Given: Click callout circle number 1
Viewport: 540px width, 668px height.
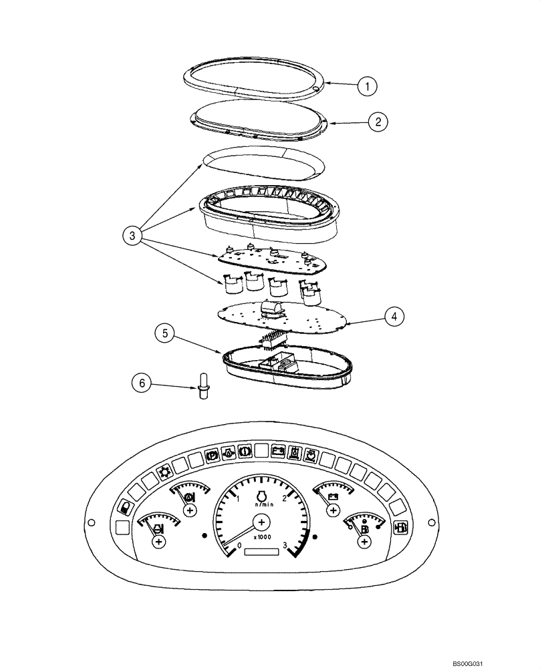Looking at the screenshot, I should tap(367, 86).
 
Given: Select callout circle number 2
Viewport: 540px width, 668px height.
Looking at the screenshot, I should tap(378, 122).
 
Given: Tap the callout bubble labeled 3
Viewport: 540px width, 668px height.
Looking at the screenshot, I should tap(132, 235).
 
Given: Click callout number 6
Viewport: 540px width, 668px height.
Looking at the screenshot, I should tap(140, 383).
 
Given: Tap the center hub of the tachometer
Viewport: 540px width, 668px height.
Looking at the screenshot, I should tap(262, 522).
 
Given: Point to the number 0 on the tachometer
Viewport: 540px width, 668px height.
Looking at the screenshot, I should tap(239, 546).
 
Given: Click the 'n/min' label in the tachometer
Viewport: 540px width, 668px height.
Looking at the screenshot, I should tap(262, 505).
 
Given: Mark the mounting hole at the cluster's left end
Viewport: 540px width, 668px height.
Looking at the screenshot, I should tap(94, 522).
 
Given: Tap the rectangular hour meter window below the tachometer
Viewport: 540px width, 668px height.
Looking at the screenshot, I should tap(262, 552).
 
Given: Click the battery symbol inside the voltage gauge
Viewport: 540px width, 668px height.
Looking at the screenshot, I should tap(332, 496).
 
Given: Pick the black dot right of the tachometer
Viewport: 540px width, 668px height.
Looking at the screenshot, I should tap(315, 536).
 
